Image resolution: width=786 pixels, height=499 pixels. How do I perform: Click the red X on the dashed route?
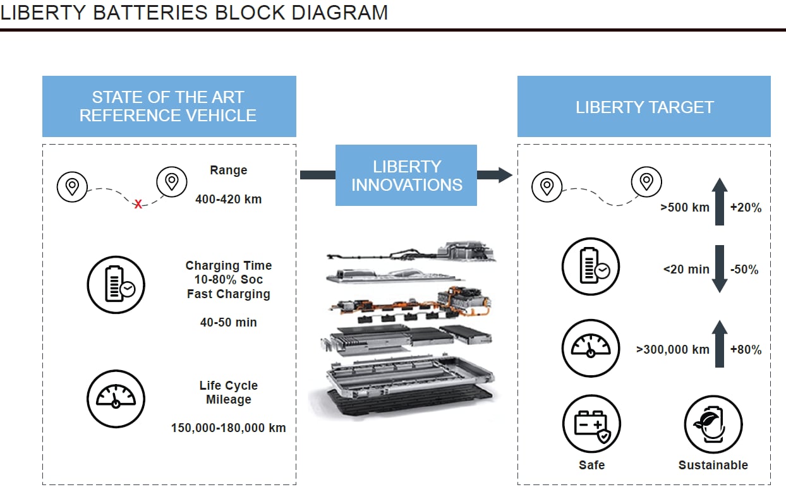138,204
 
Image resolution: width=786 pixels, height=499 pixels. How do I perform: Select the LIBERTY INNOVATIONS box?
406,176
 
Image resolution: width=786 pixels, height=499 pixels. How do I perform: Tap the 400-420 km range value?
228,199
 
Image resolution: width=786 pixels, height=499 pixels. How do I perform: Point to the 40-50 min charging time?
228,322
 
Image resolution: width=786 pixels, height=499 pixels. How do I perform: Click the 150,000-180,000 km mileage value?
228,428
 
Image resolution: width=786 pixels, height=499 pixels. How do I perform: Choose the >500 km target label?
685,207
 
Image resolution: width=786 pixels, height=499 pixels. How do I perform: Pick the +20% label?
746,207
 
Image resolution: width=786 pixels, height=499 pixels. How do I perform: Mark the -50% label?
744,269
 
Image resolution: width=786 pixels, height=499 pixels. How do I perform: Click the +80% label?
746,349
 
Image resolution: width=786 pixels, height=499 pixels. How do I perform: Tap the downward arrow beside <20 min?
719,269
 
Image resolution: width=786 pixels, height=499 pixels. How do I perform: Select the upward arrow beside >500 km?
719,201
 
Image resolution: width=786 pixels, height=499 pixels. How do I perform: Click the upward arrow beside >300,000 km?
719,344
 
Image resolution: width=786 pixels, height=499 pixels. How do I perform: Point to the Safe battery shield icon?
591,424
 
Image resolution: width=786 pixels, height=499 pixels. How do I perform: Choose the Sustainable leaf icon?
713,424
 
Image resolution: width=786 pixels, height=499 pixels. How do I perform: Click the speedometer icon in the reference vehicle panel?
116,397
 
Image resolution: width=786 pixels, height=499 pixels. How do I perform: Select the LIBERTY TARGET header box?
644,107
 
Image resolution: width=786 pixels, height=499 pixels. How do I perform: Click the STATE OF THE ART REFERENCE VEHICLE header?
169,107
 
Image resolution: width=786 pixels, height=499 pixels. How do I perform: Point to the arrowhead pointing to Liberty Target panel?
504,175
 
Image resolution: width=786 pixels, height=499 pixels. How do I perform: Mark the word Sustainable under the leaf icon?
713,465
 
